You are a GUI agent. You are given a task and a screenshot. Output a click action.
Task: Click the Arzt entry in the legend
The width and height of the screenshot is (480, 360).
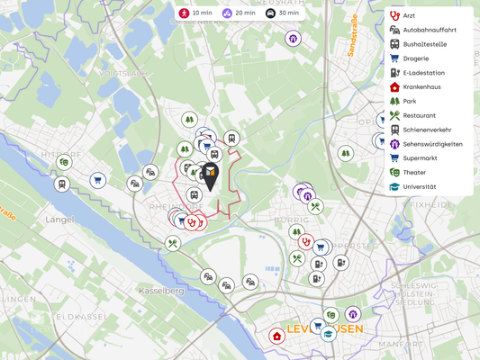point(410,15)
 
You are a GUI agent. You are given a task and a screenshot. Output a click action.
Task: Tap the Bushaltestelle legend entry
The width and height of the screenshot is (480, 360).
point(424,44)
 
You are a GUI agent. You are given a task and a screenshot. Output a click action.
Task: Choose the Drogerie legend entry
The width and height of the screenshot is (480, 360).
point(415,58)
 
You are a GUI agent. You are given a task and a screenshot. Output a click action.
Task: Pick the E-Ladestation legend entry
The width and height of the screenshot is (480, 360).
point(423,73)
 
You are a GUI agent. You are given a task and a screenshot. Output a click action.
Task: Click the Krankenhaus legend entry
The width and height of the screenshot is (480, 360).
point(421,87)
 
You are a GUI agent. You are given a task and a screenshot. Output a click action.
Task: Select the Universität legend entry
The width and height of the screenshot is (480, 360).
point(419,187)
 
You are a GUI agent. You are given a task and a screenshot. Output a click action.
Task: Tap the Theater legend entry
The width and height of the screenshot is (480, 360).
point(414,173)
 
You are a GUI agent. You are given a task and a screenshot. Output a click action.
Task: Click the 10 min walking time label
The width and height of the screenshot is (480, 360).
point(195,13)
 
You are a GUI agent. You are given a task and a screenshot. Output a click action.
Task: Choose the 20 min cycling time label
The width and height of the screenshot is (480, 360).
point(239,13)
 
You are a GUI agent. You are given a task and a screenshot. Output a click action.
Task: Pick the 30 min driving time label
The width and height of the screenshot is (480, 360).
point(282,13)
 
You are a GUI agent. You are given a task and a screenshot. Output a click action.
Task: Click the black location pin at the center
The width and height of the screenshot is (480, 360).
point(210,175)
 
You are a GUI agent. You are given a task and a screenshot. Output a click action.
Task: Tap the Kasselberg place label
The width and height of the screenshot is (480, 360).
point(161,291)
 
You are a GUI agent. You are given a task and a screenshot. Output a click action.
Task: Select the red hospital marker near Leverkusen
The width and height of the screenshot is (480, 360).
point(276,337)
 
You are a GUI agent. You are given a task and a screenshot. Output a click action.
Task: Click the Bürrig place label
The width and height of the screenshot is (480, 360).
point(291,219)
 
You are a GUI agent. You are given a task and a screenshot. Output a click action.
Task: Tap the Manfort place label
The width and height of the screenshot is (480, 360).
point(401,344)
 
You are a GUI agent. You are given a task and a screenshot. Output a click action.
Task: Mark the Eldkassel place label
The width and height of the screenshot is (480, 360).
point(82,317)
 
